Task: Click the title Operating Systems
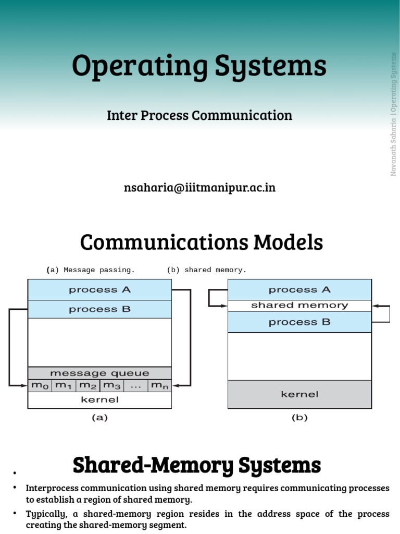[199, 67]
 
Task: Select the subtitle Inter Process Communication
[199, 115]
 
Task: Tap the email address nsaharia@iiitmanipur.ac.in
[199, 188]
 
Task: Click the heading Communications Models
[201, 242]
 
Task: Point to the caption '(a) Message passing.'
[91, 270]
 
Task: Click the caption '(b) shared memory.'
[207, 270]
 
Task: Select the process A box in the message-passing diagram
[99, 290]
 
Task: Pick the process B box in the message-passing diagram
[99, 309]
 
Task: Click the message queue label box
[99, 373]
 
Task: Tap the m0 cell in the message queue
[40, 386]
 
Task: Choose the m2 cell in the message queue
[87, 386]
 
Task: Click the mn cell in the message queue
[159, 386]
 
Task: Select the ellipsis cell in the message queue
[135, 386]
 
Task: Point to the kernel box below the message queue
[99, 400]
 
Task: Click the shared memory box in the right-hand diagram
[299, 306]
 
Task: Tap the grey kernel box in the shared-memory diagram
[299, 394]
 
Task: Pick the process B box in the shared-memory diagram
[299, 322]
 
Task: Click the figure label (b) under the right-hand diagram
[299, 417]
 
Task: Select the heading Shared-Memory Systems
[197, 465]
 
